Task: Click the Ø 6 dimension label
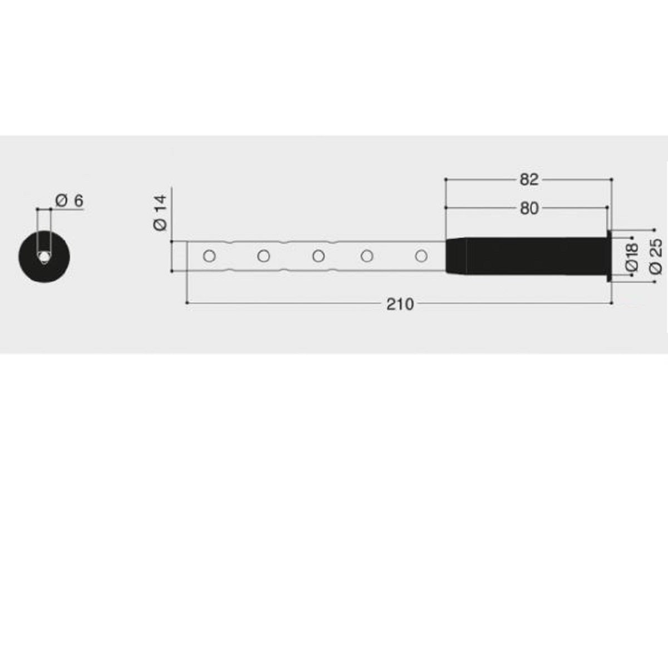pyautogui.click(x=70, y=201)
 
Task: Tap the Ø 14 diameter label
pyautogui.click(x=160, y=213)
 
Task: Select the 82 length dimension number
pyautogui.click(x=529, y=180)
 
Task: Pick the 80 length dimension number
pyautogui.click(x=529, y=208)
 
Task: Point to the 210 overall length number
pyautogui.click(x=400, y=304)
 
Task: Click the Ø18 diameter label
pyautogui.click(x=632, y=257)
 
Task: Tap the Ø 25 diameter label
pyautogui.click(x=656, y=257)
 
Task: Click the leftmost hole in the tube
pyautogui.click(x=209, y=256)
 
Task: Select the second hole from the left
pyautogui.click(x=263, y=256)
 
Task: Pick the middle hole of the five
pyautogui.click(x=318, y=256)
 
